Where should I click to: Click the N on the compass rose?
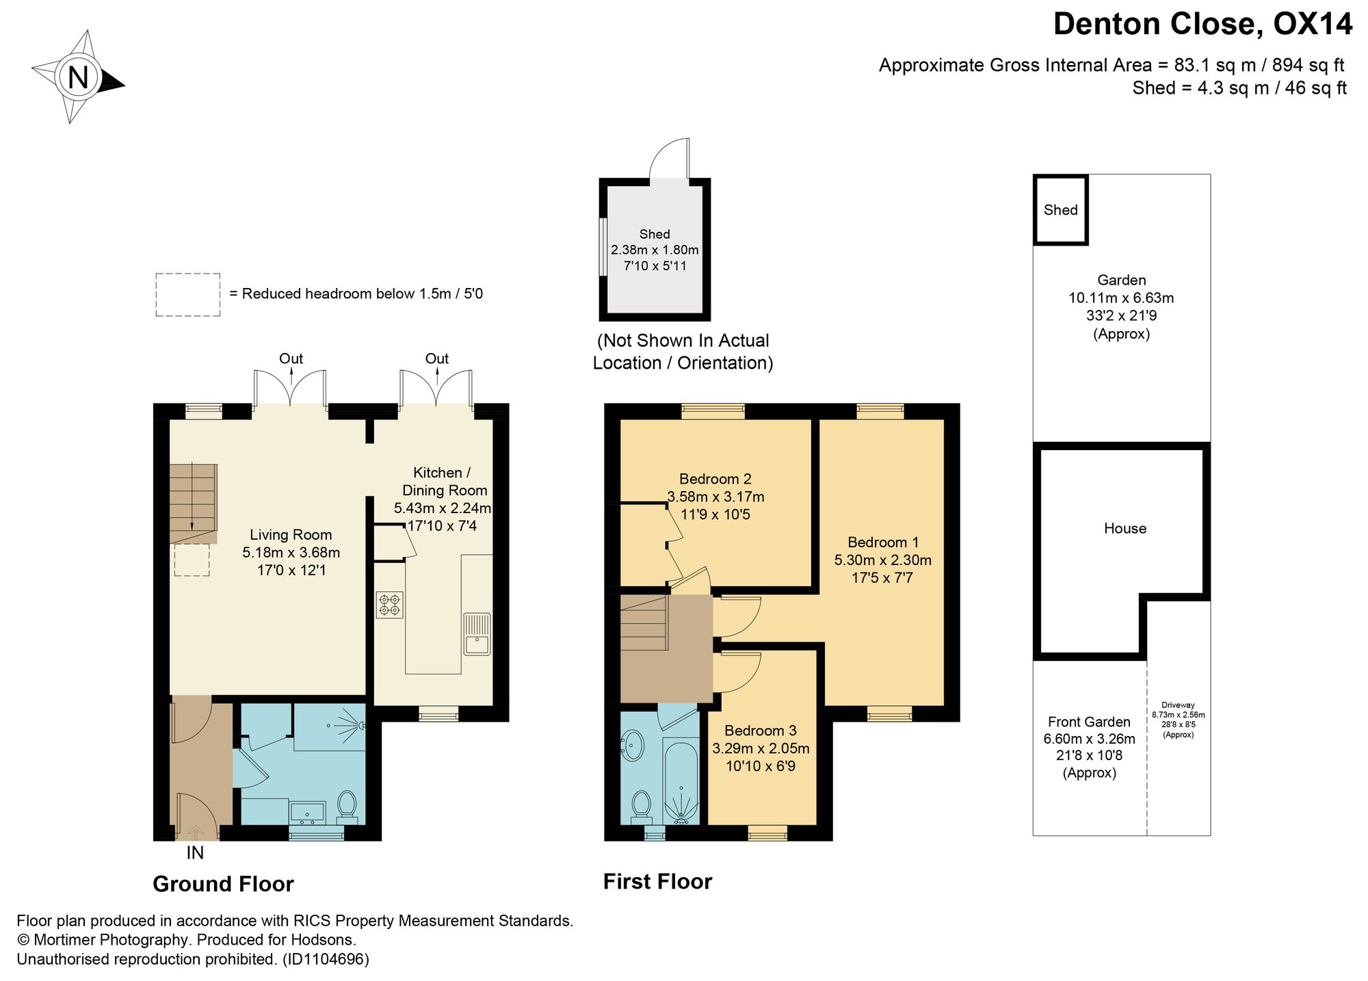pos(78,77)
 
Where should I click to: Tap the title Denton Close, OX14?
pos(1202,24)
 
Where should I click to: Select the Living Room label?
pos(291,535)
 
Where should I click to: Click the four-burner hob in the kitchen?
pos(389,605)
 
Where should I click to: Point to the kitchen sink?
pos(477,633)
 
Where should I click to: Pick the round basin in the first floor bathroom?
pos(633,745)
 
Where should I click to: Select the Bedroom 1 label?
pos(883,542)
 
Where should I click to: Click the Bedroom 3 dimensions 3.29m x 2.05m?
pos(761,748)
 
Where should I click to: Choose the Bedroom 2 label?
pos(715,479)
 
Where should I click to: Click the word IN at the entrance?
pos(195,853)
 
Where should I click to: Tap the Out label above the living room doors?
pos(291,358)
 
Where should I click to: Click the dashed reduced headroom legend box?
pos(188,295)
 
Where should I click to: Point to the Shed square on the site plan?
pos(1060,210)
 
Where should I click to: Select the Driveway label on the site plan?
pos(1178,705)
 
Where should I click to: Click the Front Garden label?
pos(1089,722)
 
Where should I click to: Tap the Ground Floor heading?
pos(223,884)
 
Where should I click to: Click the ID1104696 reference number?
pos(326,959)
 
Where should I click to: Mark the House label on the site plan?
pos(1125,528)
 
